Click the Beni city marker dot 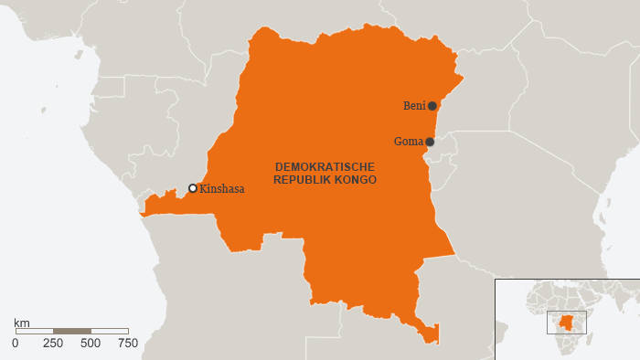point(432,106)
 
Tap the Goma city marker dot point(430,142)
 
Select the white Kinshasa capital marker point(193,188)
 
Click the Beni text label point(414,106)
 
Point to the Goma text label point(408,142)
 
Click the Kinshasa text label point(222,189)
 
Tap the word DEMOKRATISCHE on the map point(325,167)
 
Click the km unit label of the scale point(22,323)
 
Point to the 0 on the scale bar point(15,343)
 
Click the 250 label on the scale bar point(53,343)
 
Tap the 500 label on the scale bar point(91,343)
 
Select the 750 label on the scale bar point(128,343)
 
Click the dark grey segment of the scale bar point(72,331)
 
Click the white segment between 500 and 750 point(110,331)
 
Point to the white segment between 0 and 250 point(34,331)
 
